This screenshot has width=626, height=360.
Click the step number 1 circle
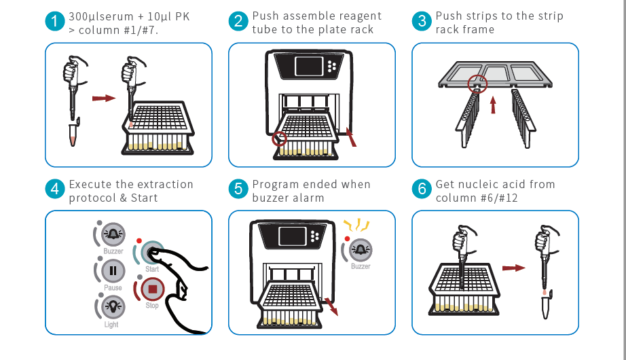click(55, 21)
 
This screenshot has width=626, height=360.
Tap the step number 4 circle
click(55, 189)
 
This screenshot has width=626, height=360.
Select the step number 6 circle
click(422, 189)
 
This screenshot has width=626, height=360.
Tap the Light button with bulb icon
click(113, 307)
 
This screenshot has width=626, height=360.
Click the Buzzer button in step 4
click(113, 234)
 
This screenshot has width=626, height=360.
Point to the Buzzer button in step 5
click(361, 250)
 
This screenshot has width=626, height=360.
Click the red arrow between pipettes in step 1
click(103, 98)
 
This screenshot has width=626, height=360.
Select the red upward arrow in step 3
click(493, 105)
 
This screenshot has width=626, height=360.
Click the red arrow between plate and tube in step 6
click(513, 268)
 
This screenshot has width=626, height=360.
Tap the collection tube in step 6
click(546, 305)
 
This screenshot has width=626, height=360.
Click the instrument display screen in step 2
click(309, 66)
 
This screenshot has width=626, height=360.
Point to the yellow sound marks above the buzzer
click(357, 225)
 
